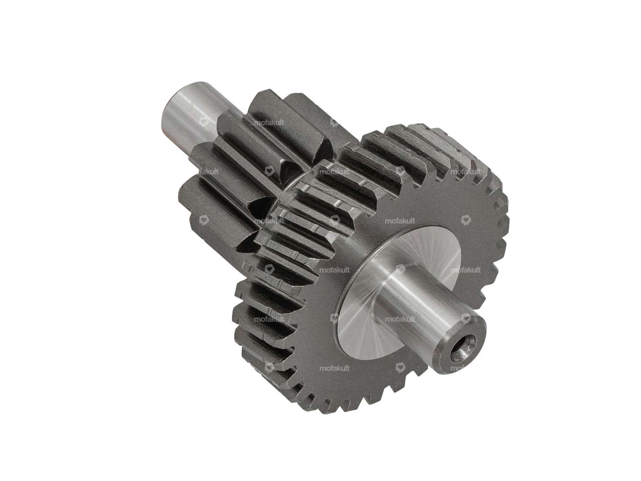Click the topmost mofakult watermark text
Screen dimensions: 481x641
pyautogui.click(x=269, y=123)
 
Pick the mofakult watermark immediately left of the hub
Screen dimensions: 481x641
pyautogui.click(x=334, y=270)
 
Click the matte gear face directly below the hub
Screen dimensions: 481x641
pyautogui.click(x=371, y=375)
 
